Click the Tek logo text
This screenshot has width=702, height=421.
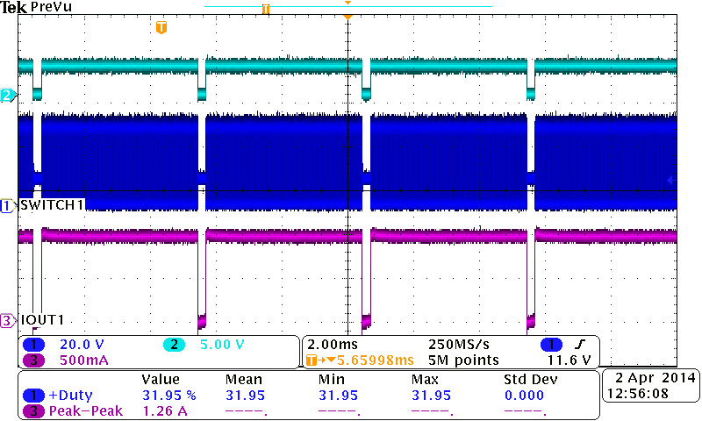[14, 7]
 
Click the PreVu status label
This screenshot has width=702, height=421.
[51, 7]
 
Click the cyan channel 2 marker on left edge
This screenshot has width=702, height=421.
[7, 95]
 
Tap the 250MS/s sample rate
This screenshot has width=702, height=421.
[457, 345]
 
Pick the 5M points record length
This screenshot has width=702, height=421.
[463, 360]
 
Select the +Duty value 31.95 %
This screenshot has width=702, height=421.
[168, 395]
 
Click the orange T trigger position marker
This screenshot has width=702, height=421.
[161, 28]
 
